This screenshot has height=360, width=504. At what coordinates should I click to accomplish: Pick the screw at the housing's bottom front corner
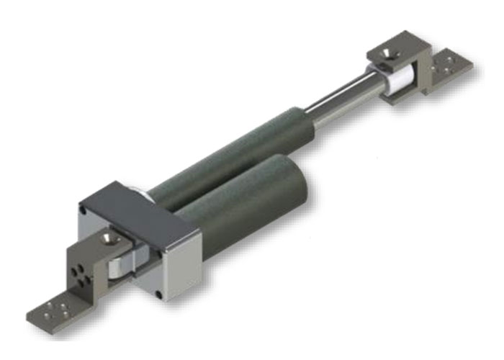[x=159, y=294]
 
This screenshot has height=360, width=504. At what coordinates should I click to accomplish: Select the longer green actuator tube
[x=238, y=151]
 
